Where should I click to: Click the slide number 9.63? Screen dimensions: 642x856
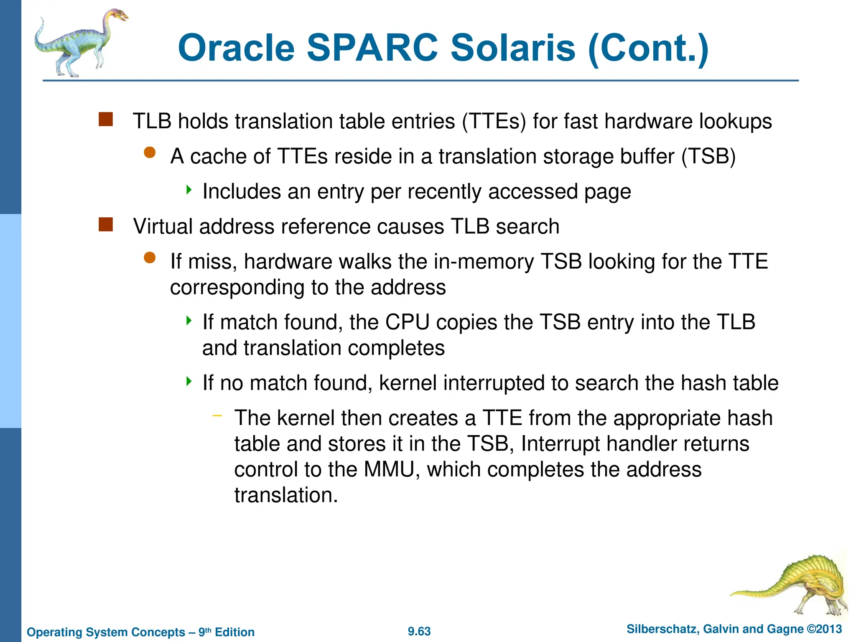click(x=419, y=631)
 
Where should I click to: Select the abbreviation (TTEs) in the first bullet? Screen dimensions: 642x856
click(x=494, y=122)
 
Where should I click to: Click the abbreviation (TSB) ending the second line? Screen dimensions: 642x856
click(x=708, y=157)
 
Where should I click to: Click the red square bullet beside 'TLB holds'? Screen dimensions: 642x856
click(x=106, y=120)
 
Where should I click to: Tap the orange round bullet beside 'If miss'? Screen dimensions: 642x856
click(x=150, y=258)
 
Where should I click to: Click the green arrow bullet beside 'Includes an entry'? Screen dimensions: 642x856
click(x=189, y=190)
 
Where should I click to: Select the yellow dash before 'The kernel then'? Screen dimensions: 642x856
click(x=217, y=415)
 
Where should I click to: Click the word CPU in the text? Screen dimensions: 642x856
click(x=407, y=322)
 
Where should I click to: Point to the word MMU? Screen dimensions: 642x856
click(x=389, y=469)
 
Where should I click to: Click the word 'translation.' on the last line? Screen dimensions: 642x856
click(x=286, y=495)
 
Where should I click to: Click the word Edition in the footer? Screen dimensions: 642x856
click(x=234, y=632)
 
